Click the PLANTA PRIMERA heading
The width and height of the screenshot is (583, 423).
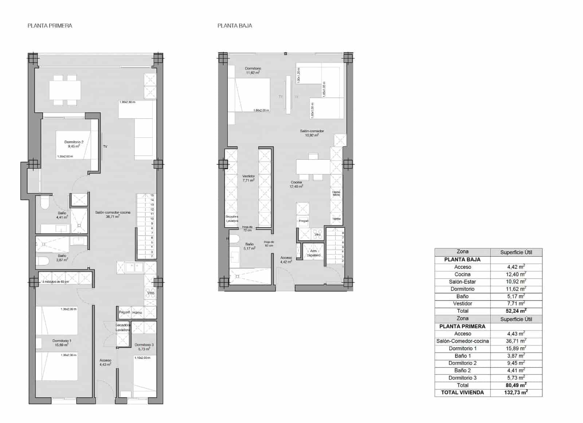pyautogui.click(x=50, y=26)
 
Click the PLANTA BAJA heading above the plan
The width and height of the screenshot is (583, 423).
pyautogui.click(x=235, y=26)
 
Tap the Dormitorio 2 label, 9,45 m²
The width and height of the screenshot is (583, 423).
pyautogui.click(x=74, y=144)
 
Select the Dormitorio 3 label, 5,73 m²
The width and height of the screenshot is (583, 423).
pyautogui.click(x=144, y=347)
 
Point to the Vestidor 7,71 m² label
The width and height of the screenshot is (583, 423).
pyautogui.click(x=249, y=178)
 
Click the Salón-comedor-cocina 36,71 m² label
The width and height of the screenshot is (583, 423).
pyautogui.click(x=113, y=214)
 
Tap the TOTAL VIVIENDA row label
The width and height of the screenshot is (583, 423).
pyautogui.click(x=462, y=392)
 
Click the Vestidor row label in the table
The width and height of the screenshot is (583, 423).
pyautogui.click(x=462, y=303)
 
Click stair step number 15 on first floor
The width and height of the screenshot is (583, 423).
pyautogui.click(x=152, y=195)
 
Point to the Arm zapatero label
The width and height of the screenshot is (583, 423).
pyautogui.click(x=313, y=253)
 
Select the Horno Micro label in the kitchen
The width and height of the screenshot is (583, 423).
pyautogui.click(x=336, y=194)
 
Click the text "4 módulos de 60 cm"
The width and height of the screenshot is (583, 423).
pyautogui.click(x=55, y=282)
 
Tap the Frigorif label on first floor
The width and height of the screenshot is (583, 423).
pyautogui.click(x=124, y=313)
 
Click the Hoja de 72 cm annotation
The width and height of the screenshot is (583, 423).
pyautogui.click(x=247, y=229)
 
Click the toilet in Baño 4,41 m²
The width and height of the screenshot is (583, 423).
pyautogui.click(x=44, y=203)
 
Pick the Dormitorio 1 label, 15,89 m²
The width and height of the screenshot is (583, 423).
pyautogui.click(x=62, y=343)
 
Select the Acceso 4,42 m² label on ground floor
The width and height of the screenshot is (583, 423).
pyautogui.click(x=286, y=260)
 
